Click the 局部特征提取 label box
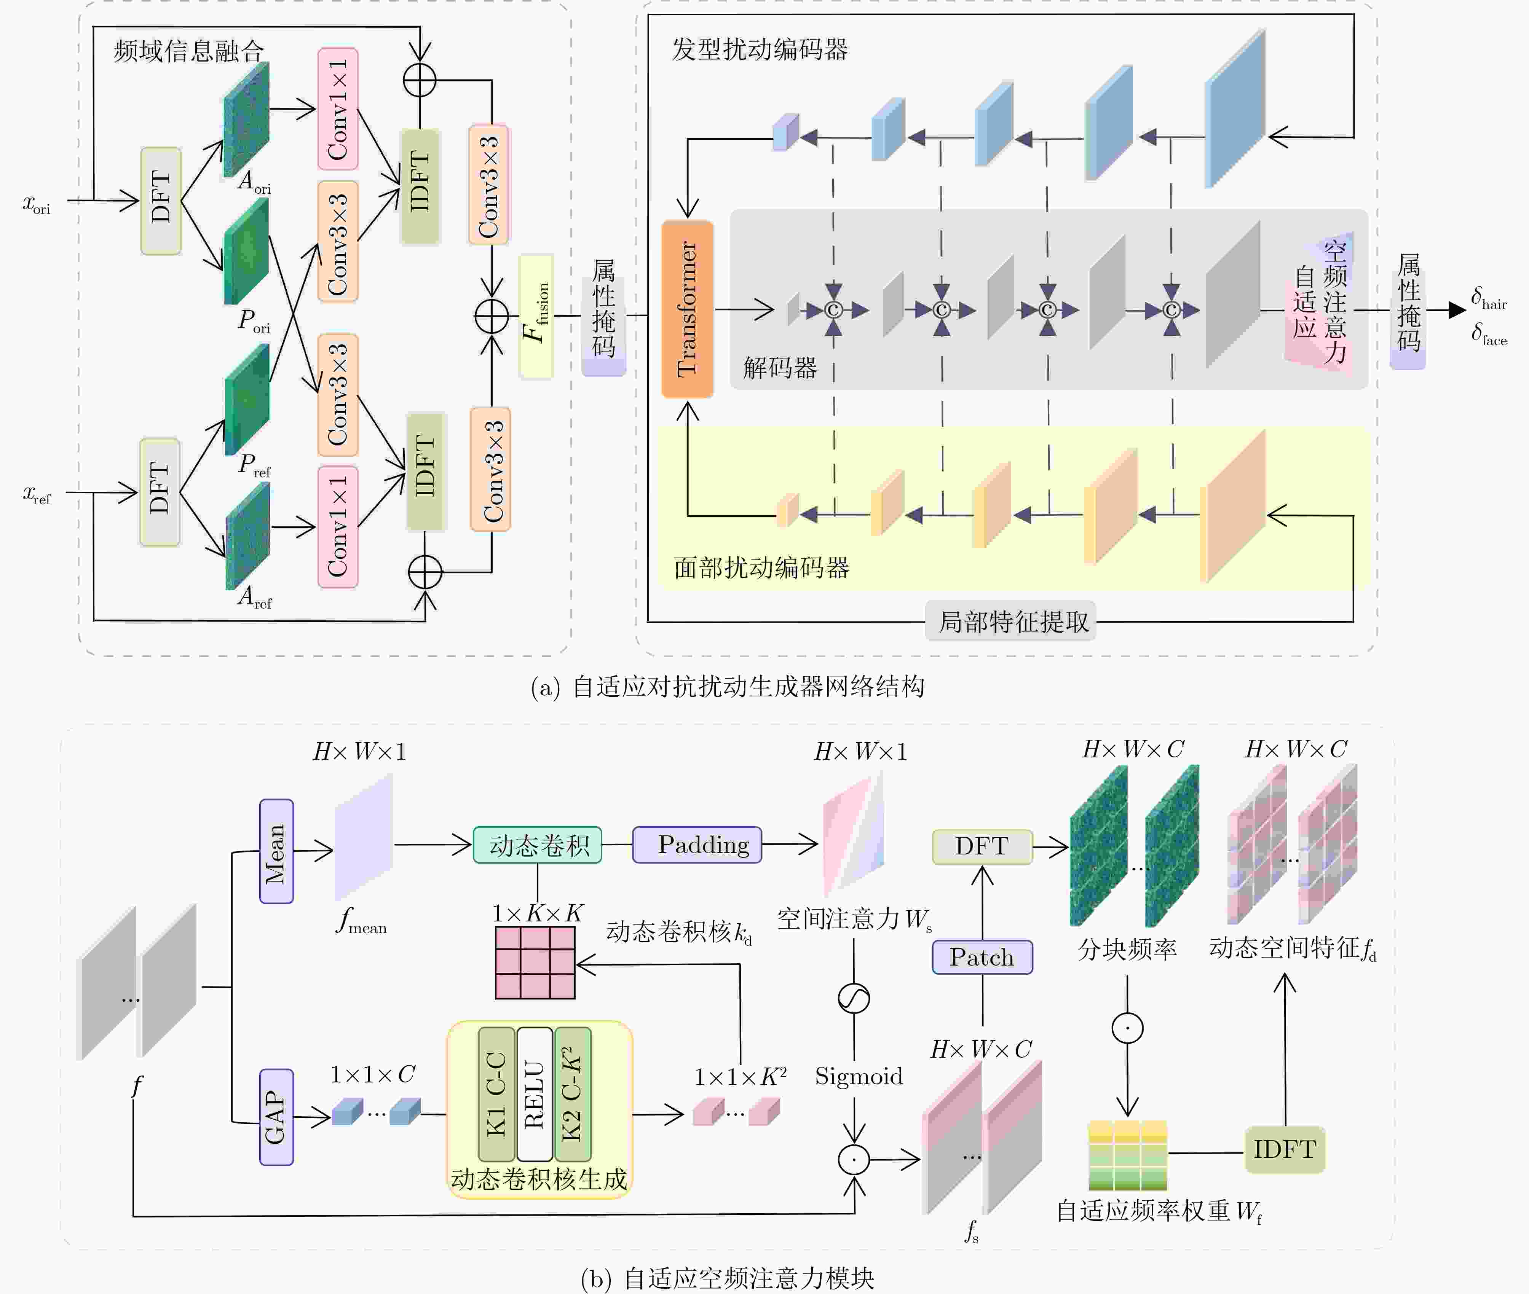1010,622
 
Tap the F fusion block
536,316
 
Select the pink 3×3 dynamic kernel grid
535,963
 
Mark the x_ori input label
37,205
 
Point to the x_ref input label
37,495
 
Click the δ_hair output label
1489,298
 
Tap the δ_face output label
1489,335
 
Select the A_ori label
254,182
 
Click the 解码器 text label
780,367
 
